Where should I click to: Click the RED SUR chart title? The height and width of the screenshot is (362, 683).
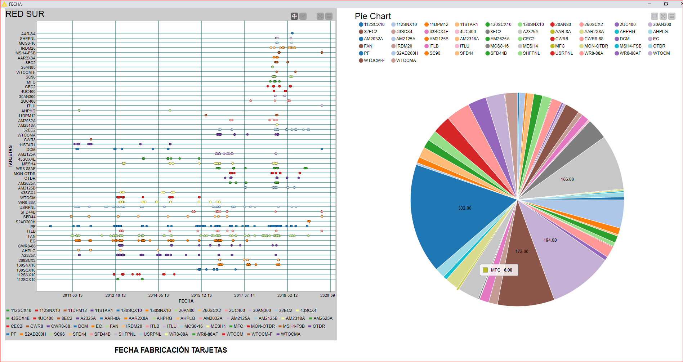(x=25, y=14)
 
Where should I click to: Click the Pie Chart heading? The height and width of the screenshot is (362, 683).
(x=372, y=16)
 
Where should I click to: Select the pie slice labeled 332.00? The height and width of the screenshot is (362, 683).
(x=464, y=208)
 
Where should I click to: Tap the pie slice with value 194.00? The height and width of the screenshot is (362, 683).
(x=550, y=240)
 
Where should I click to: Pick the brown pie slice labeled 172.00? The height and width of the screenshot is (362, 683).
(x=522, y=251)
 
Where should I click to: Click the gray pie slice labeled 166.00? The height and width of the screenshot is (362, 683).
(x=567, y=179)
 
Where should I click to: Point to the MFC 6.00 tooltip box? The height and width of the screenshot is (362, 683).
(x=499, y=270)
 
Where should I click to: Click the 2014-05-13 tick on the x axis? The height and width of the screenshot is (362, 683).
(x=159, y=295)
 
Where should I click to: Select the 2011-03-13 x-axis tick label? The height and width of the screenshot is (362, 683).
(x=72, y=295)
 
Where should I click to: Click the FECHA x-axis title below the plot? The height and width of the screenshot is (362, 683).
(x=186, y=301)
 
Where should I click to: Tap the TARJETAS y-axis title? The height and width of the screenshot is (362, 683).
(x=10, y=156)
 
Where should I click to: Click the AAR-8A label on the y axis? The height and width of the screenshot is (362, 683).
(x=28, y=34)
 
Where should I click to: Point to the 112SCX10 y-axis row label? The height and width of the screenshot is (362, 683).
(x=26, y=280)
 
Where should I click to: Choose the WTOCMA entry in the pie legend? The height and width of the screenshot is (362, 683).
(x=406, y=61)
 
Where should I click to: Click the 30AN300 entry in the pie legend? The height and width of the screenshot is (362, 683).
(x=662, y=24)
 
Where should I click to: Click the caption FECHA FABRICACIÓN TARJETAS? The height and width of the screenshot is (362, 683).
(x=171, y=350)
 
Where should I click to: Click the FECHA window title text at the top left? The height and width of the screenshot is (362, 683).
(x=15, y=4)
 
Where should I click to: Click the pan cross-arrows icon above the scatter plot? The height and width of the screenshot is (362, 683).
(x=294, y=16)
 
